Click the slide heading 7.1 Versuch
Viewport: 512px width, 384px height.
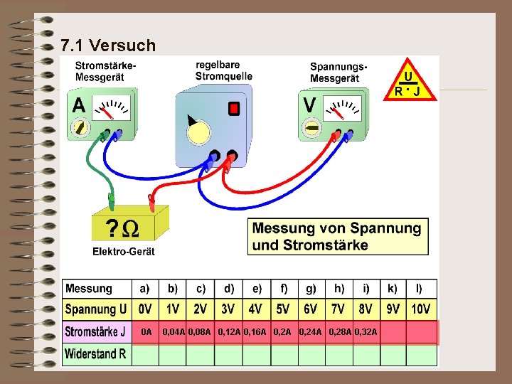tap(108, 46)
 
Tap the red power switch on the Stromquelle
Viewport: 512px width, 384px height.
tap(233, 109)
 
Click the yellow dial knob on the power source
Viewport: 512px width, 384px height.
tap(198, 132)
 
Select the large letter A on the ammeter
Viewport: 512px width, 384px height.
tap(79, 105)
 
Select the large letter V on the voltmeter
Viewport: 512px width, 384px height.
tap(310, 105)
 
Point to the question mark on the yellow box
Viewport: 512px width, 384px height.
tap(112, 228)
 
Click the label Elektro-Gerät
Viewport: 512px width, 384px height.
tap(123, 252)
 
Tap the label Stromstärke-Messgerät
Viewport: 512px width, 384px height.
tap(106, 71)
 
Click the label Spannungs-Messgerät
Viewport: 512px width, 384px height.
tap(338, 72)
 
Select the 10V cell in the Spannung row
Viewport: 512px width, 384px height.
tap(420, 310)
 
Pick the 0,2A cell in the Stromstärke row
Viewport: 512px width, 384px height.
tap(282, 332)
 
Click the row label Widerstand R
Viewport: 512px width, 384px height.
tap(95, 353)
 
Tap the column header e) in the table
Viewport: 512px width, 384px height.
tap(256, 289)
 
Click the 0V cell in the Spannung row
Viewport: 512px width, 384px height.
tap(145, 310)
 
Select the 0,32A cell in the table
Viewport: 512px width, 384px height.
tap(366, 332)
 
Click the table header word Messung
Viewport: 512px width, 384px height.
tap(89, 289)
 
